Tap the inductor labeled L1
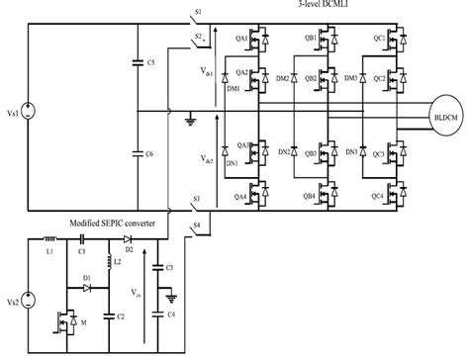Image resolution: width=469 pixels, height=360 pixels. coord(48,239)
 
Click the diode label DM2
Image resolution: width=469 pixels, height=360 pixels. coord(282,78)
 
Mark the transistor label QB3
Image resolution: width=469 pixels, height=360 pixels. coord(310,155)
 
